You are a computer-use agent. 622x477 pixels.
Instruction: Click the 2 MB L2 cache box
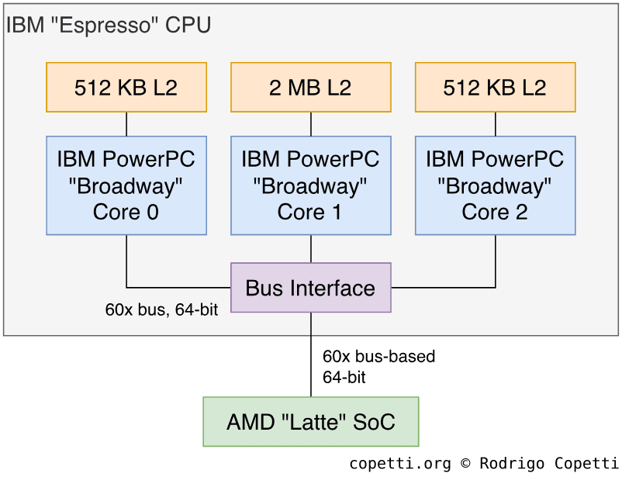311,88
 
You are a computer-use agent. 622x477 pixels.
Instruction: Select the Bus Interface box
311,288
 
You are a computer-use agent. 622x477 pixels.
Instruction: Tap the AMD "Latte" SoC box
311,422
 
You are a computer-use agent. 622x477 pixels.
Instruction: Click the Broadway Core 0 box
126,185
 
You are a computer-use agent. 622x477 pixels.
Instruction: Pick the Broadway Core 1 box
311,185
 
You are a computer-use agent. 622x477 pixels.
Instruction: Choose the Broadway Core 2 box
496,185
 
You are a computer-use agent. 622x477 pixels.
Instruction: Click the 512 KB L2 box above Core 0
126,88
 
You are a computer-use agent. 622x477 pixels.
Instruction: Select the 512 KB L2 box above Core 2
496,88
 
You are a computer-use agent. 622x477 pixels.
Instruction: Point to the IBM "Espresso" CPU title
109,25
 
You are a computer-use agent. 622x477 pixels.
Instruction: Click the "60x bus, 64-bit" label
161,310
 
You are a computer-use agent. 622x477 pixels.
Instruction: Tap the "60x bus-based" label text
379,357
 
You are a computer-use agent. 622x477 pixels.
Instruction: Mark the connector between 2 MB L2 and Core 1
311,124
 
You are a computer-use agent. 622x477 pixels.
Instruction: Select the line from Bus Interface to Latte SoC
311,354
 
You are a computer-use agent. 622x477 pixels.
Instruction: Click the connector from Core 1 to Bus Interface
311,248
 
